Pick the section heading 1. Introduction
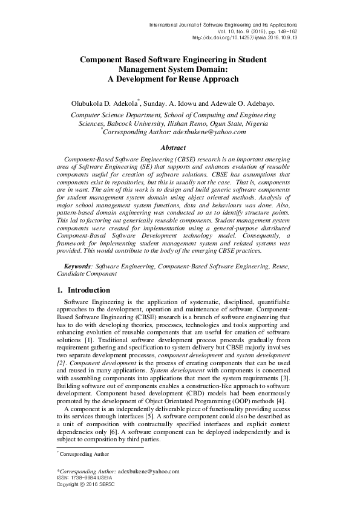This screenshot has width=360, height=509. pos(84,290)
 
